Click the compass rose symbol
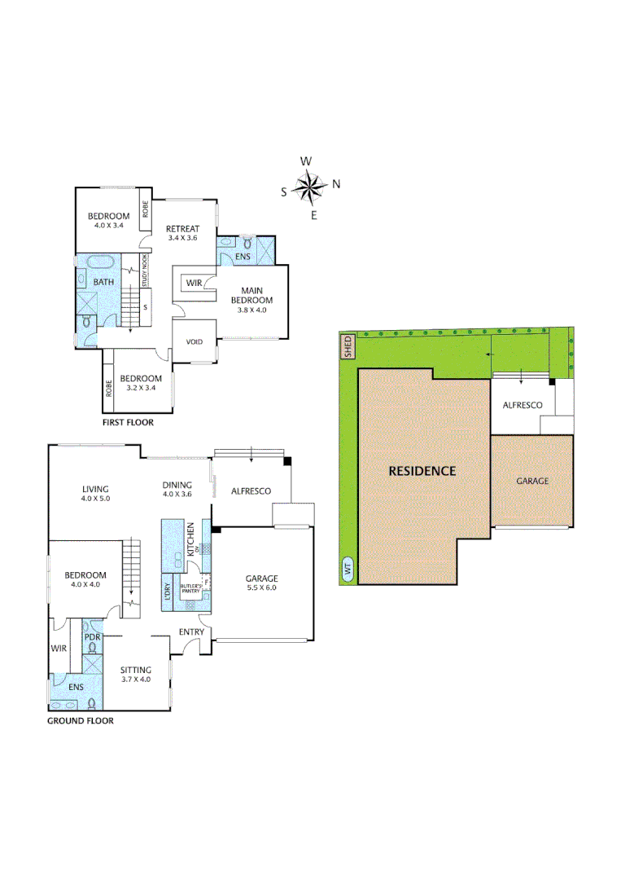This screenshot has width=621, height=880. tap(309, 188)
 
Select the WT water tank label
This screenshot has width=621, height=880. tap(348, 570)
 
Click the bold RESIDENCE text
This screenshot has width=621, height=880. tap(422, 471)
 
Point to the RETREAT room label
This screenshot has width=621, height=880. tap(182, 228)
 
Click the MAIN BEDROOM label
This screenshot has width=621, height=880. tap(256, 294)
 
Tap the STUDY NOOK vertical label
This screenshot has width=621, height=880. tap(145, 270)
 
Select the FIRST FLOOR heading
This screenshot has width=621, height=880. tap(128, 423)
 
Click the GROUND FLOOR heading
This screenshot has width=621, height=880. tap(80, 720)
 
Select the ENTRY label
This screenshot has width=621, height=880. tap(190, 632)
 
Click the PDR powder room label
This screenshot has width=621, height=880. tap(92, 636)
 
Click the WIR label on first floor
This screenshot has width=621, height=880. tap(194, 283)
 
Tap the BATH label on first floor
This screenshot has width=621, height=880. tap(104, 282)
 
